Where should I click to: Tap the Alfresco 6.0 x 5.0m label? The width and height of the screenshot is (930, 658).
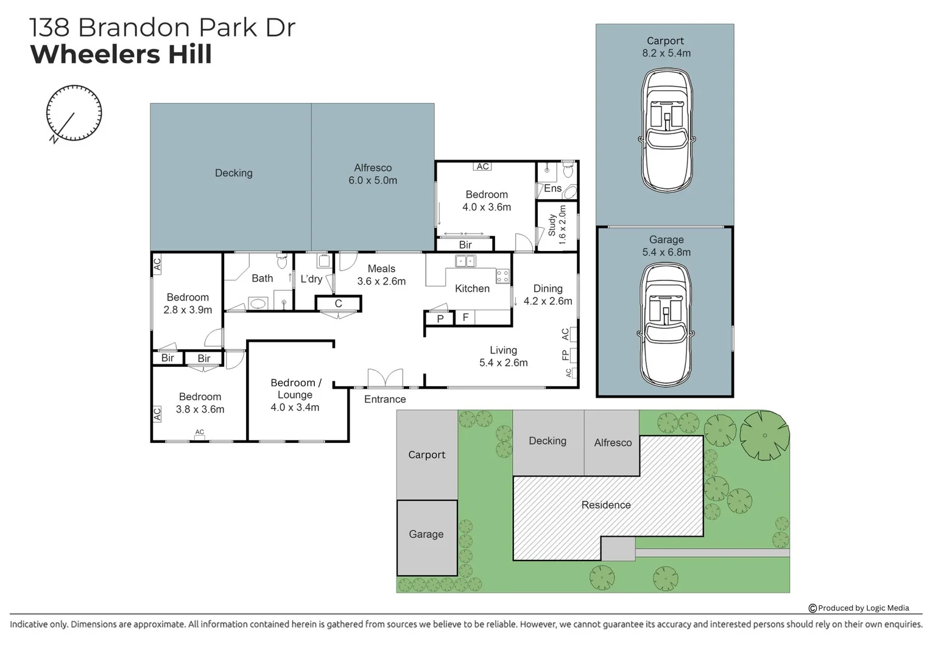(x=373, y=174)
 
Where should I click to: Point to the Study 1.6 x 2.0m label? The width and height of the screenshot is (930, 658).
(x=557, y=225)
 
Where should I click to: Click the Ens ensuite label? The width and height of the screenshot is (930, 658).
(x=552, y=188)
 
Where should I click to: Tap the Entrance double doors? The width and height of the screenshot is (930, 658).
(x=384, y=378)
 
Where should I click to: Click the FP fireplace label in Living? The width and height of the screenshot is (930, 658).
(x=566, y=355)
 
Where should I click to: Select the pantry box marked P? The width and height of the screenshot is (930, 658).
(x=440, y=319)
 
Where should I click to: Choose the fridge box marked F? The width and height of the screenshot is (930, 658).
(x=465, y=317)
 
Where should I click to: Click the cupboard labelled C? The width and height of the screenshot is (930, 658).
(x=338, y=303)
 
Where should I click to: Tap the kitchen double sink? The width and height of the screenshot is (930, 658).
(x=466, y=261)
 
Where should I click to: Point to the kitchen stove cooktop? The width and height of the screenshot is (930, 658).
(x=502, y=276)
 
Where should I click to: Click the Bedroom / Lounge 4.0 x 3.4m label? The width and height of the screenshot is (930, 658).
(x=295, y=395)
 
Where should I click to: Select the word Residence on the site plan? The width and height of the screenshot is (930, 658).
(x=606, y=505)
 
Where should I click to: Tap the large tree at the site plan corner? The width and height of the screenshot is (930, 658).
(x=764, y=435)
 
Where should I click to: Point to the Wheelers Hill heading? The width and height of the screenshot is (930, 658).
(x=121, y=54)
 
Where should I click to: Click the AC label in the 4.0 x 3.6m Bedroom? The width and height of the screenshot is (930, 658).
(x=482, y=166)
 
